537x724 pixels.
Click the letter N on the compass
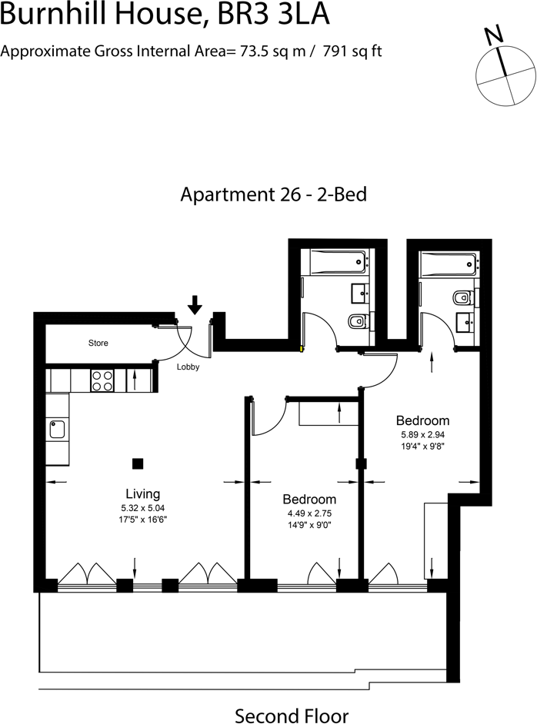click(x=493, y=35)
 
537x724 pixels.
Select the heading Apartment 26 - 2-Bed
click(x=273, y=194)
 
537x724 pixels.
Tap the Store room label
click(x=98, y=343)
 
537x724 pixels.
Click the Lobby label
click(x=188, y=367)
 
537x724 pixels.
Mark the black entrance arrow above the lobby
click(x=195, y=304)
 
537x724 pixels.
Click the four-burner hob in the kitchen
click(x=103, y=380)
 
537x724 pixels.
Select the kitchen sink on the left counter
click(x=57, y=428)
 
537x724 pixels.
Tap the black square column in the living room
click(x=138, y=463)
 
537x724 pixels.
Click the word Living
click(x=142, y=493)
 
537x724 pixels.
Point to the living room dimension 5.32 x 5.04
click(x=142, y=508)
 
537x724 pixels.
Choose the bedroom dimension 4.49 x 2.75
click(x=309, y=513)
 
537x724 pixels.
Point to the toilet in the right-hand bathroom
click(x=464, y=297)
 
